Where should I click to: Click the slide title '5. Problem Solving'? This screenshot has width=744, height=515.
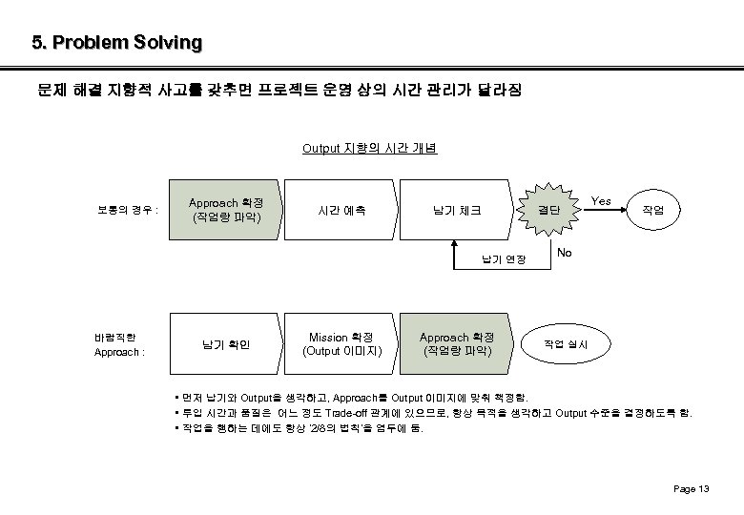(116, 43)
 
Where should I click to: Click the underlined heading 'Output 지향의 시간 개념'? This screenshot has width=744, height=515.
(369, 148)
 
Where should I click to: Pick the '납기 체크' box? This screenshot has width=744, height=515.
(457, 210)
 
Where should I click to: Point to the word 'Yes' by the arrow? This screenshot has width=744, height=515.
(601, 201)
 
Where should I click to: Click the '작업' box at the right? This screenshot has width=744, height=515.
(653, 210)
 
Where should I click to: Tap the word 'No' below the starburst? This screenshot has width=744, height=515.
(565, 253)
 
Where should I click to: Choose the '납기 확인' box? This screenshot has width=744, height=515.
(226, 344)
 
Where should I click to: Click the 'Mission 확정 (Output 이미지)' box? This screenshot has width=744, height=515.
(341, 344)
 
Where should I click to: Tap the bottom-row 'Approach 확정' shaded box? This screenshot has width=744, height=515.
(457, 344)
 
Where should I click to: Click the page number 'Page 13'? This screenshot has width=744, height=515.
(691, 489)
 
